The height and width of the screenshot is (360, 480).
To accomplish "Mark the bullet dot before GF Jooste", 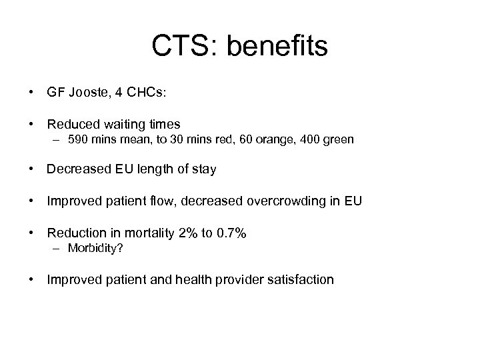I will click(31, 94).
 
